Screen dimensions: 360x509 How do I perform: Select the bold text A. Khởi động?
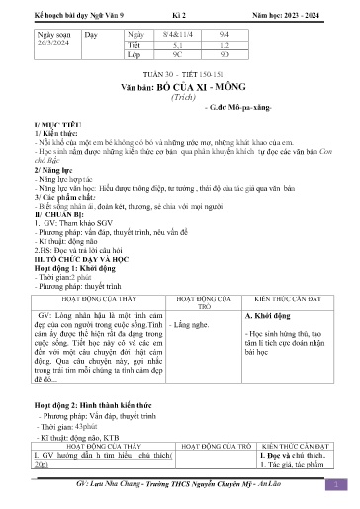point(267,317)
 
